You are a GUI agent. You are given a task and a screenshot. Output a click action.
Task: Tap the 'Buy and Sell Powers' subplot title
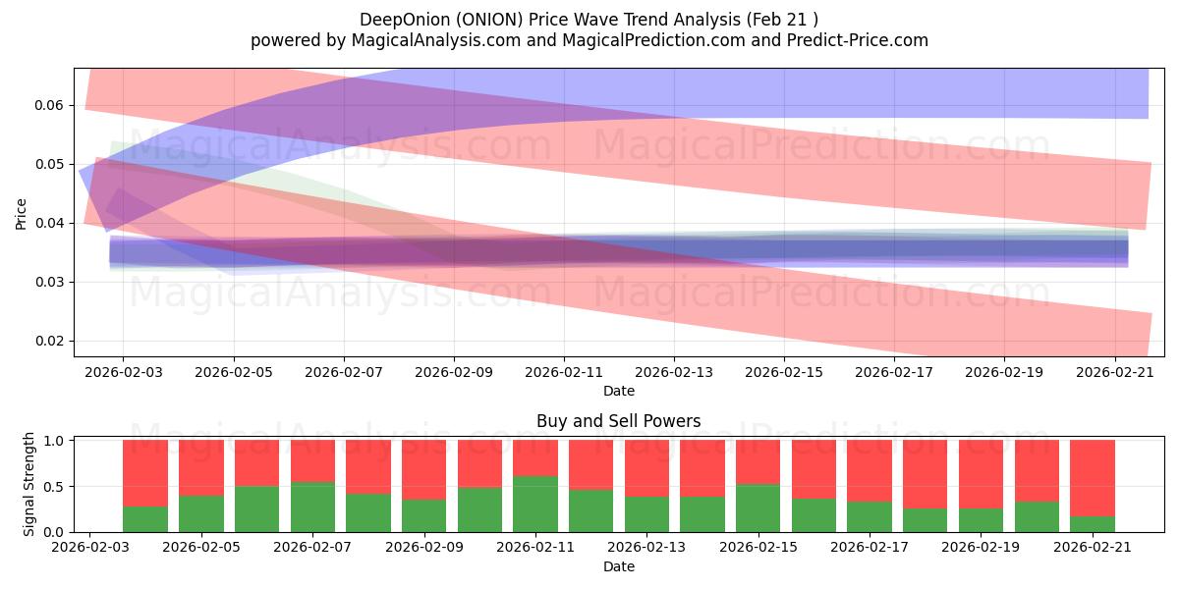[x=618, y=421]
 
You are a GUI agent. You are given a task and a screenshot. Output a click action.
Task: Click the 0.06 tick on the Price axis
[x=50, y=105]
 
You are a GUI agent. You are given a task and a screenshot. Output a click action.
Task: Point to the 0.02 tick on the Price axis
[x=50, y=341]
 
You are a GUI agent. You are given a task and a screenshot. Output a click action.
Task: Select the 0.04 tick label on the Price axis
[x=50, y=223]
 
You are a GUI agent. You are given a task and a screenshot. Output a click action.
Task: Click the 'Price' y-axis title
[x=22, y=213]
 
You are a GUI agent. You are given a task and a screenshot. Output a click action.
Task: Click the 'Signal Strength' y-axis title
[x=29, y=483]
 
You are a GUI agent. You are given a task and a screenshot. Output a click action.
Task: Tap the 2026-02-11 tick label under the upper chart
[x=563, y=374]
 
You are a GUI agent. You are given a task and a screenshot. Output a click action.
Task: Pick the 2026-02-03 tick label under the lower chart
[x=89, y=549]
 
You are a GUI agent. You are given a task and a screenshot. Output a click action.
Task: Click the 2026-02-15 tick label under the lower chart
[x=758, y=549]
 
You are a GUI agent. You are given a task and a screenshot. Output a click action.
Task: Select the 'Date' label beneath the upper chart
[x=618, y=391]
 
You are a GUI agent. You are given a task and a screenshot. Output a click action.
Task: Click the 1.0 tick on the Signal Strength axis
[x=56, y=441]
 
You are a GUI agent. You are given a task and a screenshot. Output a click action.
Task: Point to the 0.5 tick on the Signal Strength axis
[x=56, y=486]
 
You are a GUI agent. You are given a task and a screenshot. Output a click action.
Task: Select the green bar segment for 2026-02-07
[x=312, y=507]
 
